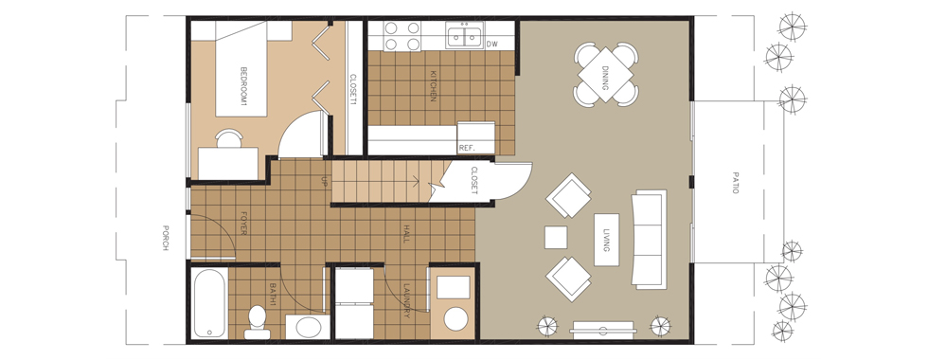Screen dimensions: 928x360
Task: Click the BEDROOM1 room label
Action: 243,86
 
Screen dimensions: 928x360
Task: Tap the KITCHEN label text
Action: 434,86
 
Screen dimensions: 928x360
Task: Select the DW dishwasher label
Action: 491,44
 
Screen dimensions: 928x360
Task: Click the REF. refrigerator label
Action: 467,148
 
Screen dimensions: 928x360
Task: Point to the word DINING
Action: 605,75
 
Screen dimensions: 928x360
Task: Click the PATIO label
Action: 736,183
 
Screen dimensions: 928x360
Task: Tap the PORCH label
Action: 167,238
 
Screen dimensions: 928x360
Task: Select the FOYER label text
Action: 243,224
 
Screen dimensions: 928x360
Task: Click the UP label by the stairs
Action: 324,181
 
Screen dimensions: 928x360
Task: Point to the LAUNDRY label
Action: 406,301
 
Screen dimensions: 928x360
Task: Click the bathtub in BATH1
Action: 209,304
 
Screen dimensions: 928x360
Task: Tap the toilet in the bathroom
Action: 258,321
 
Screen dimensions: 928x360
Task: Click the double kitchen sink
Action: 465,36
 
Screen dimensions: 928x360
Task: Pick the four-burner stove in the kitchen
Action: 402,36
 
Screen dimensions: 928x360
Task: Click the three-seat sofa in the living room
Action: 650,238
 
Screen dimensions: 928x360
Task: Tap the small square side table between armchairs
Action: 556,238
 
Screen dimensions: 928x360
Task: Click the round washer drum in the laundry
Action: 455,318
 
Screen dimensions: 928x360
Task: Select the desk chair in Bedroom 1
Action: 228,138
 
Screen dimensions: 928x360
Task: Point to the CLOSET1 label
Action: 353,89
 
